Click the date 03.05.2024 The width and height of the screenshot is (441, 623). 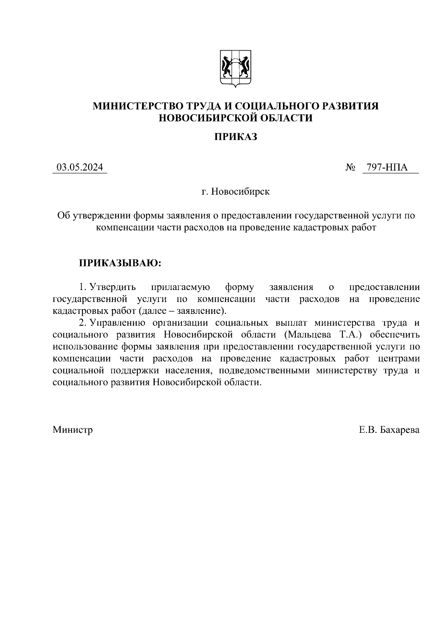[x=79, y=168]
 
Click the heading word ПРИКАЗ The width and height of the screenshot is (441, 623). [x=235, y=137]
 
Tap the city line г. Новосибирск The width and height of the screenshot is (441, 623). [x=235, y=192]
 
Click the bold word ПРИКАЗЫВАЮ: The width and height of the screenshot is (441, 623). [x=120, y=263]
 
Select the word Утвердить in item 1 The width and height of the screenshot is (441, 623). [x=112, y=287]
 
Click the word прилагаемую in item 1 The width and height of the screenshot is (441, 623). [x=180, y=287]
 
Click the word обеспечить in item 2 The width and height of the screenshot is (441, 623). [x=394, y=335]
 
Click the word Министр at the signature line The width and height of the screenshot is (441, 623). [x=72, y=430]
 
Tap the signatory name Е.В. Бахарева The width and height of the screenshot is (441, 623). [x=389, y=430]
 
